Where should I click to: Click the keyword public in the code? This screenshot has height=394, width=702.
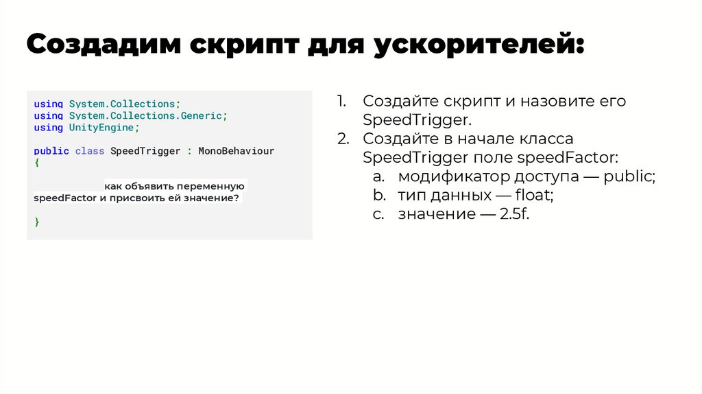pyautogui.click(x=51, y=151)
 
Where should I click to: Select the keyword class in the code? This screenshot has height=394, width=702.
pyautogui.click(x=90, y=151)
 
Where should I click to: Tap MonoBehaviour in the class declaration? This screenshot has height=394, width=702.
pyautogui.click(x=236, y=151)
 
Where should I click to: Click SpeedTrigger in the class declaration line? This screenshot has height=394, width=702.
pyautogui.click(x=145, y=151)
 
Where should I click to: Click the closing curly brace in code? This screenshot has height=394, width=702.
pyautogui.click(x=37, y=222)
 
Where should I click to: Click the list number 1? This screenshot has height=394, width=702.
pyautogui.click(x=341, y=102)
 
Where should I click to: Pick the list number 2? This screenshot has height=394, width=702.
pyautogui.click(x=343, y=139)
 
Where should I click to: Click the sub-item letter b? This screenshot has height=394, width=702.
pyautogui.click(x=379, y=196)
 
